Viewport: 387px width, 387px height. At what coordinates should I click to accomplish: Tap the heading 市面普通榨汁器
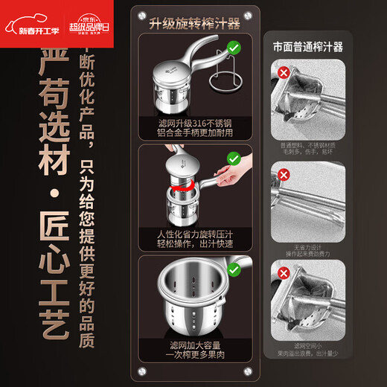309,46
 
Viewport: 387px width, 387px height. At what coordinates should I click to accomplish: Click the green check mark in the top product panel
233,48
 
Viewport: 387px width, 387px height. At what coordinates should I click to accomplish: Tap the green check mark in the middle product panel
233,158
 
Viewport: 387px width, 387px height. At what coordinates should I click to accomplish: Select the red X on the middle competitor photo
284,174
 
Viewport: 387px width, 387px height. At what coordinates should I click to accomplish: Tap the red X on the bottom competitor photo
284,271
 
